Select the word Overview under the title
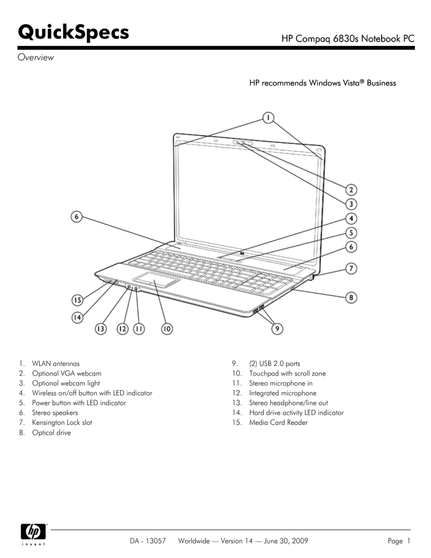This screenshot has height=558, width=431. (34, 58)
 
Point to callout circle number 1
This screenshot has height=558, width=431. (268, 118)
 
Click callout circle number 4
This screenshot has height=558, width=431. (352, 219)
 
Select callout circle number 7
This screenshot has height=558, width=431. (352, 269)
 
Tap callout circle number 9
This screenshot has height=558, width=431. (277, 329)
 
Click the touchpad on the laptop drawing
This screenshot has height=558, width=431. (156, 280)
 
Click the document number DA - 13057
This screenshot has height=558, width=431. (143, 541)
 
